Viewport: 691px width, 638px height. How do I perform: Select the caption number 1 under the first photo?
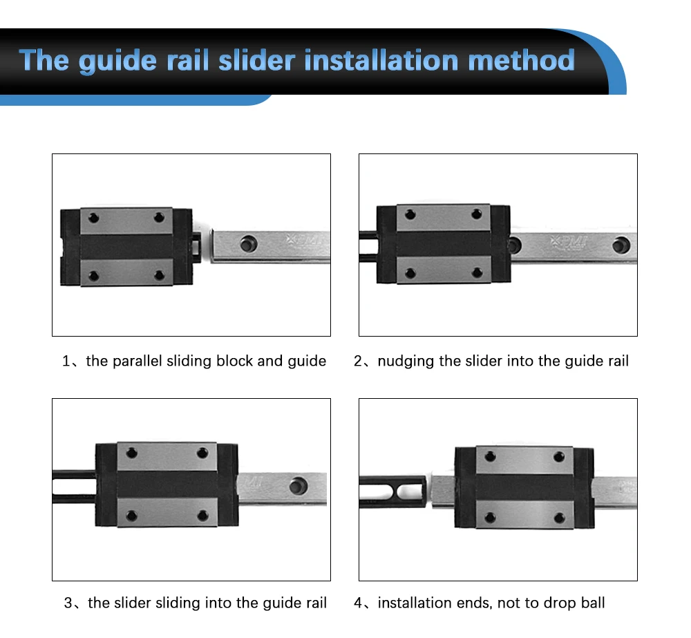[66, 361]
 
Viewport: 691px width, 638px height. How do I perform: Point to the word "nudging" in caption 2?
[406, 361]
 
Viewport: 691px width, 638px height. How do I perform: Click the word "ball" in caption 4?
[591, 603]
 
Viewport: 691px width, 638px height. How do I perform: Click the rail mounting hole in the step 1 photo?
[246, 243]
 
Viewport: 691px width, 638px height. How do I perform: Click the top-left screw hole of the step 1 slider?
[95, 218]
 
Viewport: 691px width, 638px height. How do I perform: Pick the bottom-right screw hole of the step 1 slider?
[160, 275]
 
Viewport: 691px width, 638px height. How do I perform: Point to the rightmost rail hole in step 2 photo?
[621, 243]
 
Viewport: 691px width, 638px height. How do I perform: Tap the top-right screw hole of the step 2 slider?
[476, 214]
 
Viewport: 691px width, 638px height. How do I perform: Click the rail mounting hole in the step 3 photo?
[299, 485]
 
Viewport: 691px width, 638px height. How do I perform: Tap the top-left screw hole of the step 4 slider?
[491, 456]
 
